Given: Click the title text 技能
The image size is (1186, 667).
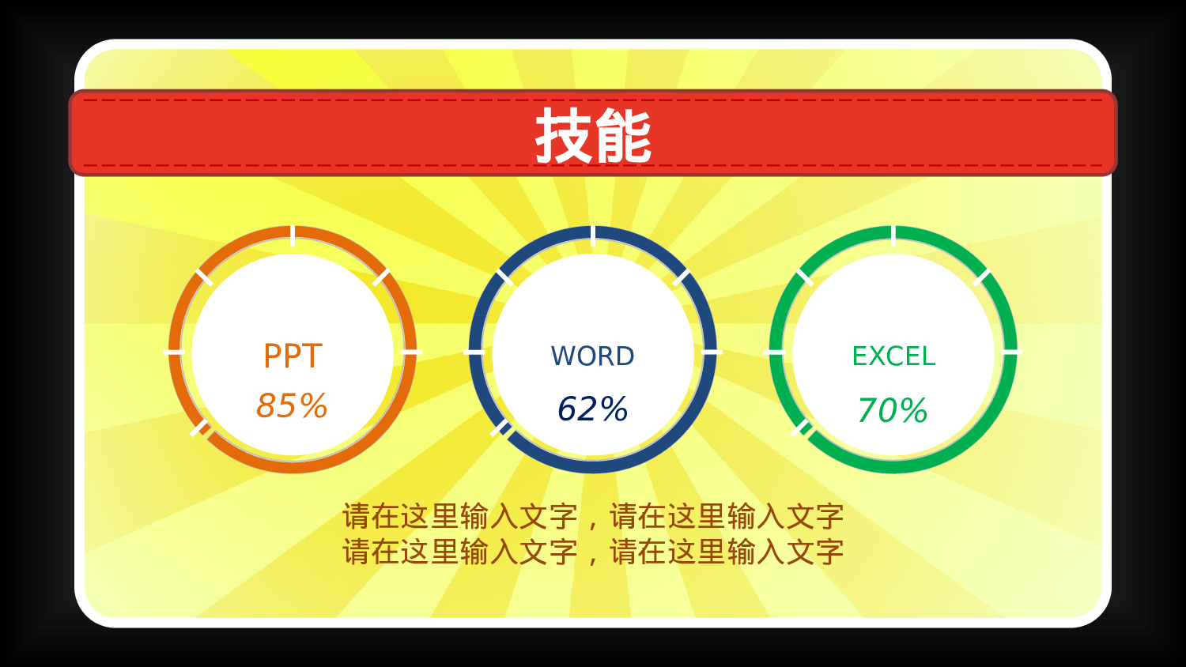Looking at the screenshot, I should tap(593, 136).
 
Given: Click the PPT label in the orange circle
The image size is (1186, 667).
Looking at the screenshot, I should tap(293, 356).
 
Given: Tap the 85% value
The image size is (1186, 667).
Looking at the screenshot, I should tap(292, 406).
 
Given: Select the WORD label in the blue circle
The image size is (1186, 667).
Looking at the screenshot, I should tap(593, 356).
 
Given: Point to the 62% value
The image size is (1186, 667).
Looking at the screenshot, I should tap(592, 409).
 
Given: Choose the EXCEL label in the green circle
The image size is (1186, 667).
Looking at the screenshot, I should tap(893, 356).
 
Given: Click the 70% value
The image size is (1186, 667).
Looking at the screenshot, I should tap(892, 411).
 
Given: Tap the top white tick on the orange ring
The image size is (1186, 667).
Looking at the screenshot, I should tap(293, 236).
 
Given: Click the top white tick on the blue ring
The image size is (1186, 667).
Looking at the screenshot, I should tap(593, 236).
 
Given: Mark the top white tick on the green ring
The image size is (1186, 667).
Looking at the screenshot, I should tap(893, 236).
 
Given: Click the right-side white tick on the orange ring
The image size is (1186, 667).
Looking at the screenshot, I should tap(411, 351).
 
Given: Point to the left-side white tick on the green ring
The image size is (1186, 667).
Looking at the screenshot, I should tap(775, 351).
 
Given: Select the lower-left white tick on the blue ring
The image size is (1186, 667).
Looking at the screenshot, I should tap(500, 429).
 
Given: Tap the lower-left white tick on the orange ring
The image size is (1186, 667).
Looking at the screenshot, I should tap(200, 429).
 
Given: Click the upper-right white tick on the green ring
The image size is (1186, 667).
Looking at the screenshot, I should tap(981, 277).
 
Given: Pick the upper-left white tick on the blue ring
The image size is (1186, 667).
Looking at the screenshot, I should tap(504, 277).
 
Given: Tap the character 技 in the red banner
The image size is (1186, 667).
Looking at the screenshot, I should tap(563, 136).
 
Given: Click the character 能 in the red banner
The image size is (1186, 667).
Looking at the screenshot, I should tap(623, 136).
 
